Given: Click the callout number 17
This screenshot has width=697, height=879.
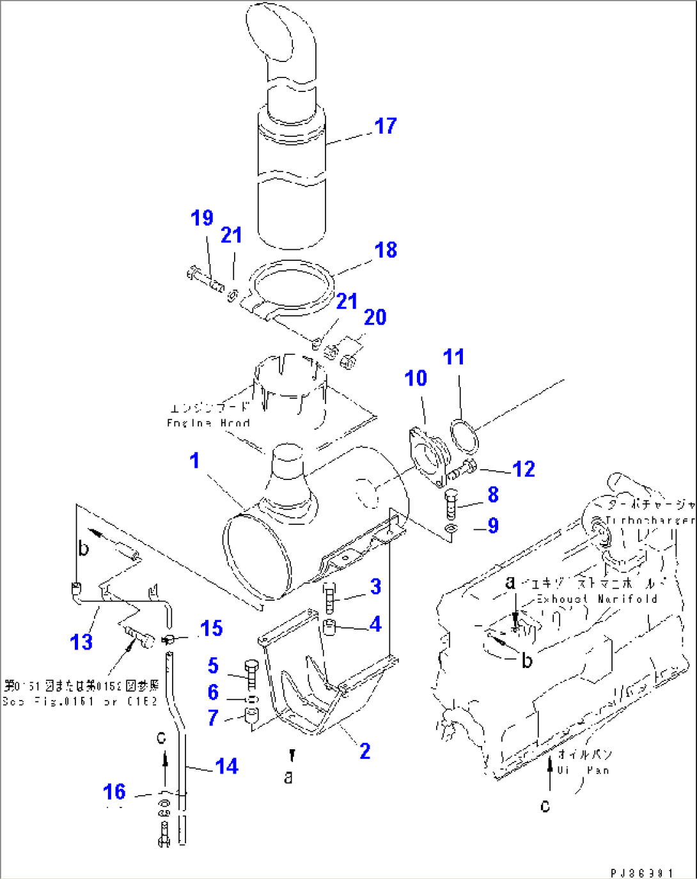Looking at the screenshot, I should pyautogui.click(x=386, y=126).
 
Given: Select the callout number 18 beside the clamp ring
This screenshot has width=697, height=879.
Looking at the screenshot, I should pyautogui.click(x=386, y=250).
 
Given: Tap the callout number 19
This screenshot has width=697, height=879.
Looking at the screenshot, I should pyautogui.click(x=202, y=218).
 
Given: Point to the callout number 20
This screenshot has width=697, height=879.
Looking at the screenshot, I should pyautogui.click(x=375, y=317).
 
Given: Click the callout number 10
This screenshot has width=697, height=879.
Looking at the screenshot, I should pyautogui.click(x=416, y=378).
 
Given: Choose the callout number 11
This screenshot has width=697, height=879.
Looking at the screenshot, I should pyautogui.click(x=454, y=357).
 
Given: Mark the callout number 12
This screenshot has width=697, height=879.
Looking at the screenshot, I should pyautogui.click(x=524, y=469).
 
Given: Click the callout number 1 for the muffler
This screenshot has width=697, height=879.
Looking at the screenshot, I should pyautogui.click(x=194, y=461).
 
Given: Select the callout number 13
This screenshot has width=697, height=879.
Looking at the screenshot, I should pyautogui.click(x=81, y=642).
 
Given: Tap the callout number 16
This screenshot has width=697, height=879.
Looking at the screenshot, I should pyautogui.click(x=114, y=792).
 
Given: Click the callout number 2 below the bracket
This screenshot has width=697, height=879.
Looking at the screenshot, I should pyautogui.click(x=364, y=751).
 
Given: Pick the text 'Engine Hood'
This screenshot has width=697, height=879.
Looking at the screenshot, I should pyautogui.click(x=208, y=423).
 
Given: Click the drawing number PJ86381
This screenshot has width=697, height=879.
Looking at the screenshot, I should pyautogui.click(x=641, y=873).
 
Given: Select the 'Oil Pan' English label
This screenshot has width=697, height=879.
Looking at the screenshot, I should pyautogui.click(x=583, y=771).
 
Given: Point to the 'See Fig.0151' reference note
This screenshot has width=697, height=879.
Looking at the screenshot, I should pyautogui.click(x=80, y=702).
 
